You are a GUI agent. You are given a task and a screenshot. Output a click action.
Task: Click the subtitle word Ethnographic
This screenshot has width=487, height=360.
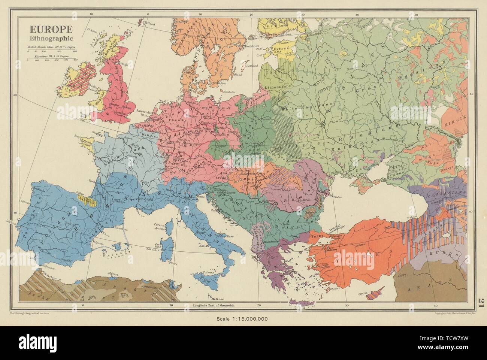[x=47, y=38]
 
